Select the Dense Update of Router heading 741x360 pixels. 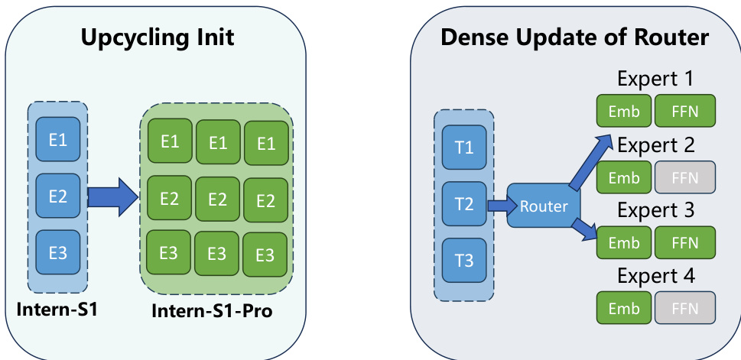(574, 37)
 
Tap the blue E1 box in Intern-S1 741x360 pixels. (58, 141)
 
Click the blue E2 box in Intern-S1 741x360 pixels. (58, 196)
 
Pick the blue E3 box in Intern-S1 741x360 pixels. (58, 251)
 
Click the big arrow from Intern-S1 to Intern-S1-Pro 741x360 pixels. (112, 196)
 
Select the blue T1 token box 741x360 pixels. (464, 148)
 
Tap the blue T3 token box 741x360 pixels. (464, 260)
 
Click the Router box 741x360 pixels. (543, 206)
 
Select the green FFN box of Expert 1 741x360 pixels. (684, 111)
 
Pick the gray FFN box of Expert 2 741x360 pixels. (684, 177)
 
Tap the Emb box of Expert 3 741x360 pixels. (623, 242)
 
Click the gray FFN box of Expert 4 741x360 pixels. (684, 308)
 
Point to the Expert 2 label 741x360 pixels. (656, 144)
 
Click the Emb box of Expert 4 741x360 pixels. (623, 308)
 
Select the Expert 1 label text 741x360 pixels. (656, 79)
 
